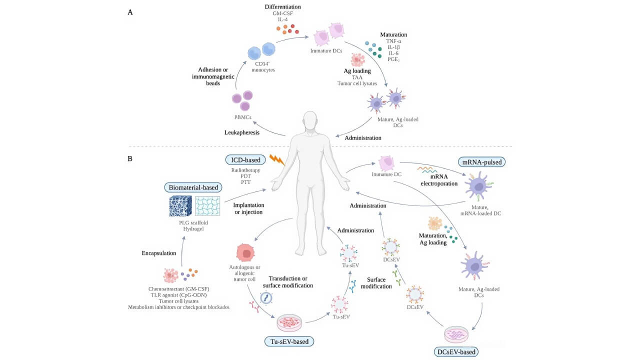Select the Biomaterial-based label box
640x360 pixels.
(192, 187)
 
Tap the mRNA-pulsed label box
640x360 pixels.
(480, 162)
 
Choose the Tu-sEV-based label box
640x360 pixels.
(289, 341)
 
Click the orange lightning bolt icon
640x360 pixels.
(276, 160)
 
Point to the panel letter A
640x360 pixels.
(130, 12)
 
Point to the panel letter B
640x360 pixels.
(130, 159)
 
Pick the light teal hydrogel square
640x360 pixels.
(207, 208)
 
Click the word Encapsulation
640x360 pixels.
(159, 253)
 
